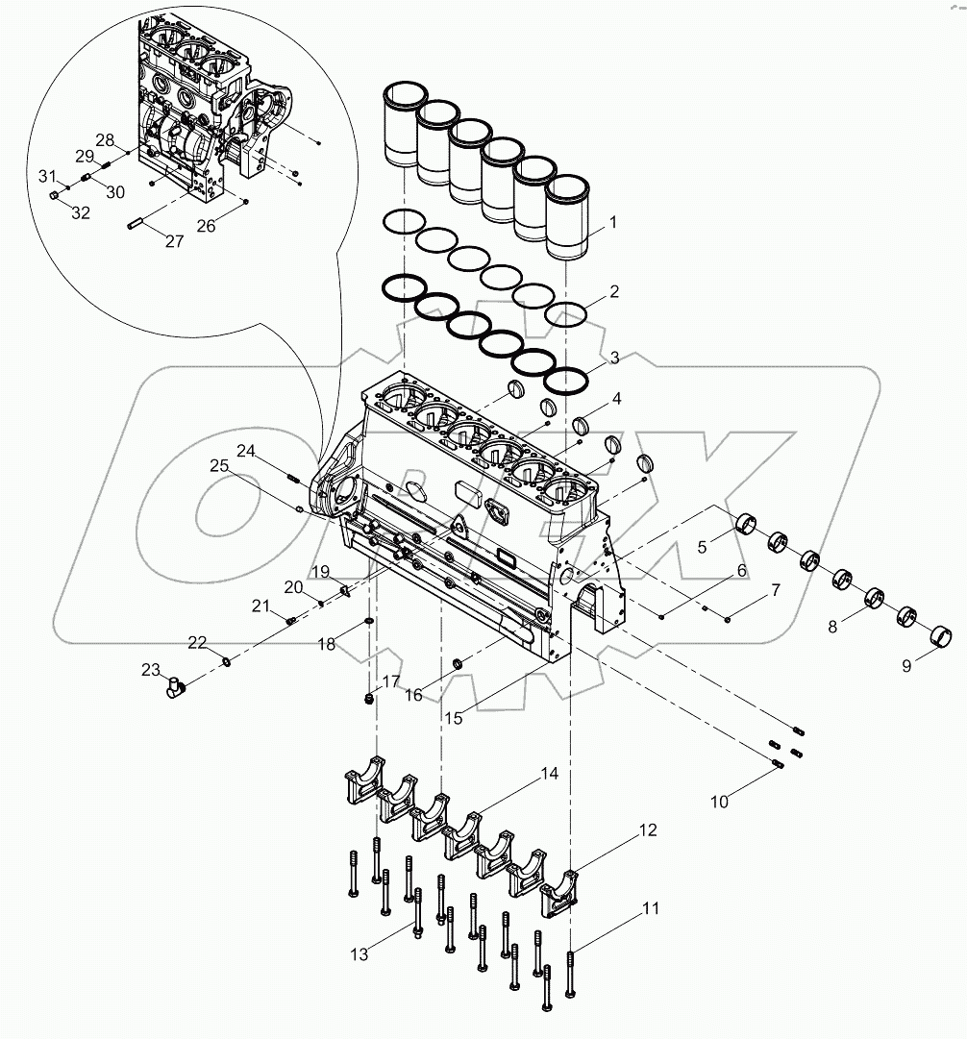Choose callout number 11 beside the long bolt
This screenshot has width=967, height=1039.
click(651, 906)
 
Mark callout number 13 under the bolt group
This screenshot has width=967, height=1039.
click(359, 954)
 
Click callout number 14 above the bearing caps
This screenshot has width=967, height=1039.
click(549, 773)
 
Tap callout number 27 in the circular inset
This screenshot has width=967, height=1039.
click(173, 241)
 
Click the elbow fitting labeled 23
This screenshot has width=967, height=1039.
click(175, 685)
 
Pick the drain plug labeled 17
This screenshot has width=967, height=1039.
click(368, 698)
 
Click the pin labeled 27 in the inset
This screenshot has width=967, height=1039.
click(135, 226)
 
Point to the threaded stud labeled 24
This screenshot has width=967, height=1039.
click(293, 474)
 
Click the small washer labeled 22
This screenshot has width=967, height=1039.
click(226, 661)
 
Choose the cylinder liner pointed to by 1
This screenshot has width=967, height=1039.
click(566, 219)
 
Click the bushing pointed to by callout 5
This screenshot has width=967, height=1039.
click(745, 526)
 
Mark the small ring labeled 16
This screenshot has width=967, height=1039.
click(459, 663)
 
